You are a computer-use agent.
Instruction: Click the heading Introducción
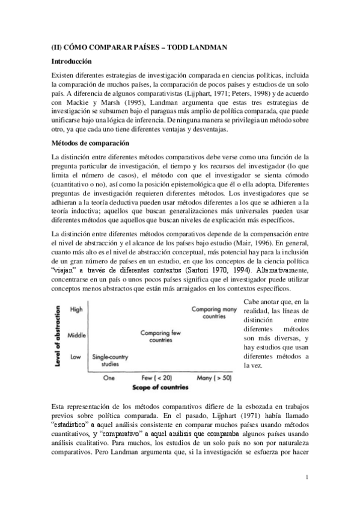[x=71, y=61]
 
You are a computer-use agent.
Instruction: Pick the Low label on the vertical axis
[x=76, y=357]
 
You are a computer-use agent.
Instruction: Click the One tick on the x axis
[x=109, y=378]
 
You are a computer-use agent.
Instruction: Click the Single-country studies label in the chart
[x=109, y=360]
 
